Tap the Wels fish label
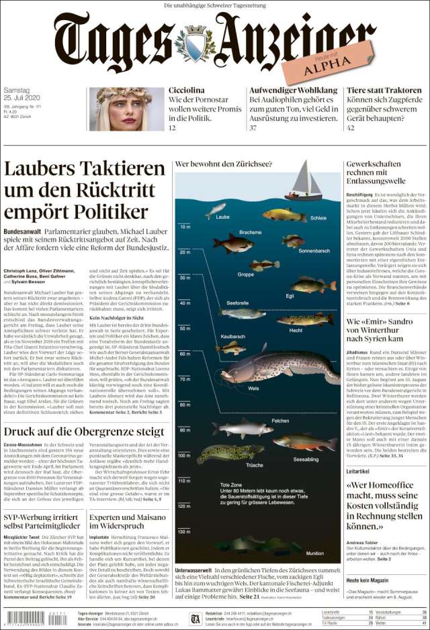(253, 388)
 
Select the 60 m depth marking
(185, 354)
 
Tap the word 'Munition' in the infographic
(314, 554)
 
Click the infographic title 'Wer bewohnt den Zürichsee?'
(219, 164)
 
